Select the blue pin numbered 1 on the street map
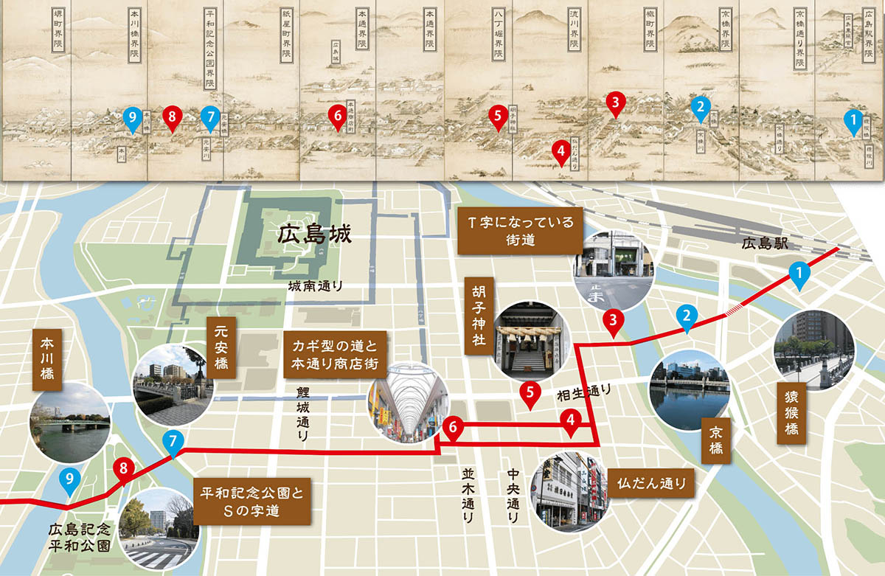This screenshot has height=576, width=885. pos(798,274)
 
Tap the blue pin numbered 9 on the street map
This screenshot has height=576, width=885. pos(69,480)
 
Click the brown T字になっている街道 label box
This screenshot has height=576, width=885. pos(520,231)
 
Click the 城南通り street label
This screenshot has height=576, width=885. pos(317,286)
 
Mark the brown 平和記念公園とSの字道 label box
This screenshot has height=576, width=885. pos(251,499)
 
